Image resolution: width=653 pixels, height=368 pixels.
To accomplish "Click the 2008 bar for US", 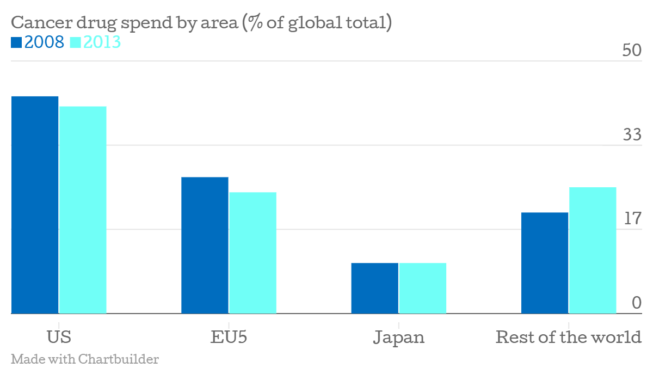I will pyautogui.click(x=35, y=205).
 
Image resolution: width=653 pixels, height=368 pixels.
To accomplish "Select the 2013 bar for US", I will pyautogui.click(x=83, y=210).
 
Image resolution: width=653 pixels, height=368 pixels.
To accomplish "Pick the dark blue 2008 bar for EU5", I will pyautogui.click(x=205, y=245).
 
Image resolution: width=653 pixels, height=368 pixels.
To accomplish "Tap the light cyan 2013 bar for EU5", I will pyautogui.click(x=252, y=253).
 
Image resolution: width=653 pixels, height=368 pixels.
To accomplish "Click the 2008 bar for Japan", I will pyautogui.click(x=374, y=288).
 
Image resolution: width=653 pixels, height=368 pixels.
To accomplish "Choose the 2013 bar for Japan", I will pyautogui.click(x=422, y=288).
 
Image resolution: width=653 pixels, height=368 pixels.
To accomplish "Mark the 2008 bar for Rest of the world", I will pyautogui.click(x=545, y=263).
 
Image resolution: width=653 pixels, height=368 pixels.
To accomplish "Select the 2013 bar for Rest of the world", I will pyautogui.click(x=593, y=250).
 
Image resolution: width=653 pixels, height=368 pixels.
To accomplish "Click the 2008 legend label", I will pyautogui.click(x=45, y=42).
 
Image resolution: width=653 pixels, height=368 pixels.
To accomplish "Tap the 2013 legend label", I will pyautogui.click(x=102, y=42).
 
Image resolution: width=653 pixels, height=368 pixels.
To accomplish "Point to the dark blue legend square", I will pyautogui.click(x=16, y=42).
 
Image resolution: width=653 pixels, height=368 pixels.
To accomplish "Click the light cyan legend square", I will pyautogui.click(x=76, y=42).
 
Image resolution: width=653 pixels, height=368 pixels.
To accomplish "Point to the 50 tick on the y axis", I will pyautogui.click(x=633, y=51).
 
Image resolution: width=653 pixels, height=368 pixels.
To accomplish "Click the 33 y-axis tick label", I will pyautogui.click(x=633, y=134).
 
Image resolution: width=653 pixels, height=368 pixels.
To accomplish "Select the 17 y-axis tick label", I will pyautogui.click(x=633, y=219).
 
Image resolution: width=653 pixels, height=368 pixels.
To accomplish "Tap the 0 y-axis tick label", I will pyautogui.click(x=637, y=303).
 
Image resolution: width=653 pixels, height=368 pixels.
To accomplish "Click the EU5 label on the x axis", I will pyautogui.click(x=229, y=337).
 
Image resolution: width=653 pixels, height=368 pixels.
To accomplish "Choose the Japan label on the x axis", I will pyautogui.click(x=398, y=337).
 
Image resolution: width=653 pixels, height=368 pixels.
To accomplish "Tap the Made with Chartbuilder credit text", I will pyautogui.click(x=84, y=359).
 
